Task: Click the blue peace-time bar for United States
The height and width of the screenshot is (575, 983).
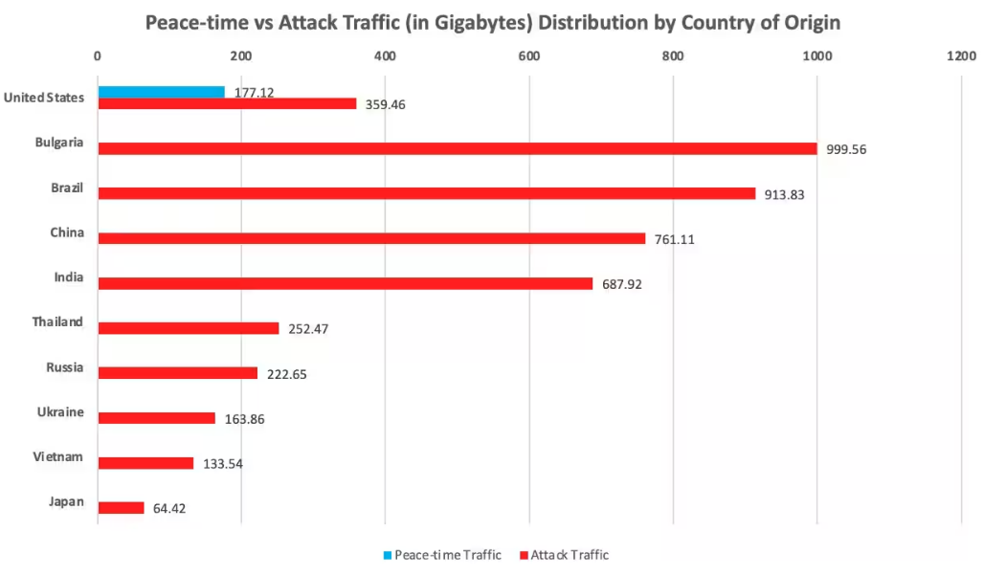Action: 161,92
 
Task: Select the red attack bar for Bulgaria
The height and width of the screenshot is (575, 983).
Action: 457,148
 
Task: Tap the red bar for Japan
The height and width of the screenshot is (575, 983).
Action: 121,508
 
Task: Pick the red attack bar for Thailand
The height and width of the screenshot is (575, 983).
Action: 188,328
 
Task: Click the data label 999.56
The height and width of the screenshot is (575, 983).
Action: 846,149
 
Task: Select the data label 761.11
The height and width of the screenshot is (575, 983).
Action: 674,239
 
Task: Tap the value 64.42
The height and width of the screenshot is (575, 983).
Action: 169,508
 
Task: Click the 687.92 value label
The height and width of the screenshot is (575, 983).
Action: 621,284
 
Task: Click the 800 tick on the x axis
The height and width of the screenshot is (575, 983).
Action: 673,56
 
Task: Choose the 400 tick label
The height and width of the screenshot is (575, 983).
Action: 385,56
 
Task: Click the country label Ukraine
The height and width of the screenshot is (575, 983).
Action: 60,412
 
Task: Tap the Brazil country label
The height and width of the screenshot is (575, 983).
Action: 67,188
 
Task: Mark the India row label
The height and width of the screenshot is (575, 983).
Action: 69,277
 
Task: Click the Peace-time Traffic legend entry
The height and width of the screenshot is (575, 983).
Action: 441,555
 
